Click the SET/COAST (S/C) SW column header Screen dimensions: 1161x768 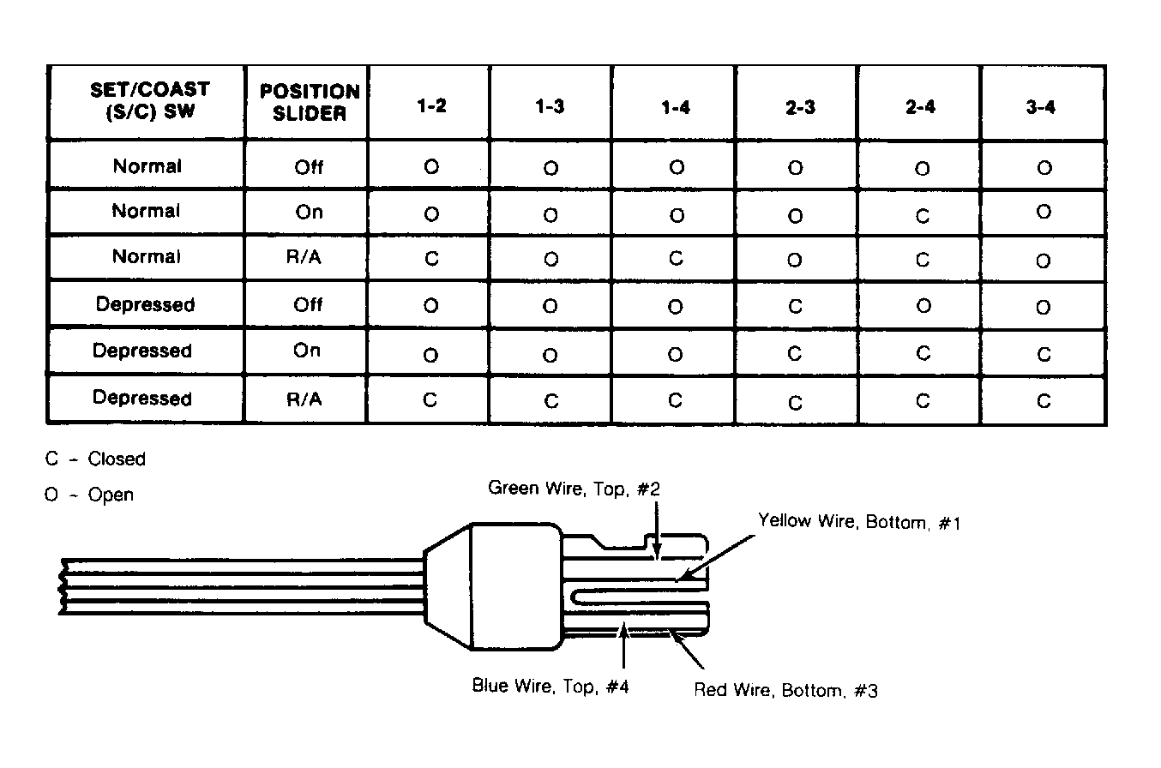(150, 100)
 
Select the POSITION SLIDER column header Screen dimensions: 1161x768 (310, 102)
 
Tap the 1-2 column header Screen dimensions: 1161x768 (432, 106)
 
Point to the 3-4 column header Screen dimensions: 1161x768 (1040, 107)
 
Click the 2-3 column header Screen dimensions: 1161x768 (800, 107)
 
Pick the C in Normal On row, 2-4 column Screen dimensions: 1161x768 (923, 216)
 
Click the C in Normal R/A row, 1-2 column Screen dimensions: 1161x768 (432, 258)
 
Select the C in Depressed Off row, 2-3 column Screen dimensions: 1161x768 (795, 306)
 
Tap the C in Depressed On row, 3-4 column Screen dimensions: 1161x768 (1044, 355)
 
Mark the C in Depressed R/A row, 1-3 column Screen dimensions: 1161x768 (551, 400)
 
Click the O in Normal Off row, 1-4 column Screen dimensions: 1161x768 (677, 167)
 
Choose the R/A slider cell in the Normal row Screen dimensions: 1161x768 (304, 257)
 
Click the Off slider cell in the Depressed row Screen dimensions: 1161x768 (308, 304)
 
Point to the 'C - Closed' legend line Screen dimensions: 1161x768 (95, 459)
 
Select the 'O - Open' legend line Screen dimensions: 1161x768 (89, 495)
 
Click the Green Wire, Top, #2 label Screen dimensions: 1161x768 (574, 489)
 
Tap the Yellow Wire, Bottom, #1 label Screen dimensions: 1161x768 (859, 521)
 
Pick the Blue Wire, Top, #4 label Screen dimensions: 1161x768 (550, 686)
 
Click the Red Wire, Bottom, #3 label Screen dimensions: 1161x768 (785, 690)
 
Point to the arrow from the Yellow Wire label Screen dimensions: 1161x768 (715, 558)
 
